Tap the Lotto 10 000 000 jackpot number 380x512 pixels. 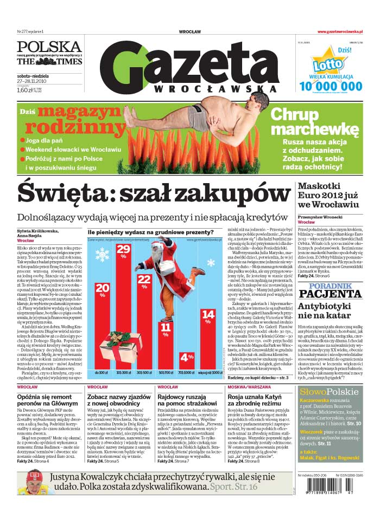tap(330, 85)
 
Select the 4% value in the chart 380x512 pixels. tap(187, 358)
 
